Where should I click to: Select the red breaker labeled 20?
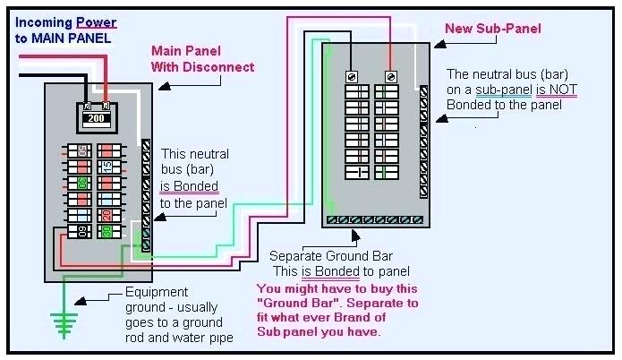[x=106, y=215]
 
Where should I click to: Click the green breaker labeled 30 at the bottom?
[x=106, y=232]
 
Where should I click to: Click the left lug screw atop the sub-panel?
[x=352, y=77]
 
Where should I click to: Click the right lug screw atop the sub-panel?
[x=390, y=77]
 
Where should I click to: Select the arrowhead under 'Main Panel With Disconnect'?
[x=161, y=86]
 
